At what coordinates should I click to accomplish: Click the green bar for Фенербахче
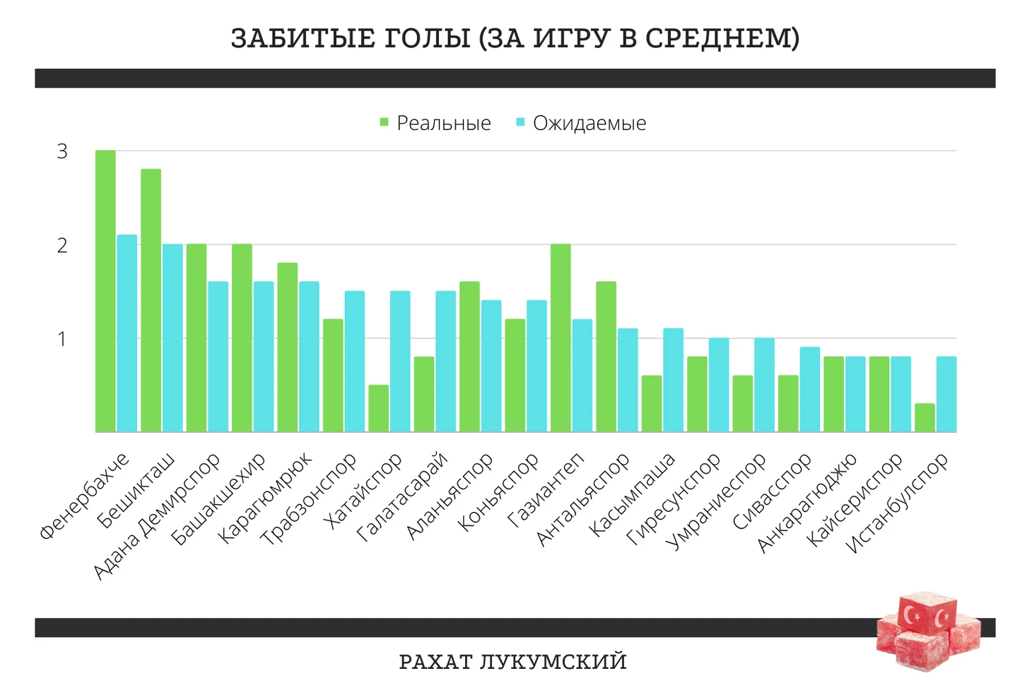pos(105,291)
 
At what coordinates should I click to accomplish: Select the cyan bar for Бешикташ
pos(172,338)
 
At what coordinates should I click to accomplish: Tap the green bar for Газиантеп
pos(561,338)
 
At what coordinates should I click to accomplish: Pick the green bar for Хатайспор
pos(378,408)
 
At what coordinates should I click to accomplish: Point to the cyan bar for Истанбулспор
pos(946,394)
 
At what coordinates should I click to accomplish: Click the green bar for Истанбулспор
pos(925,417)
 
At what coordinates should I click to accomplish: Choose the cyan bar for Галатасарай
pos(445,361)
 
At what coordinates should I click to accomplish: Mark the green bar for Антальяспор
pos(606,356)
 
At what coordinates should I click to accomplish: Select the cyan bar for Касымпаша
pos(673,380)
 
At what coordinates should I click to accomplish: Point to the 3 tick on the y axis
pos(62,151)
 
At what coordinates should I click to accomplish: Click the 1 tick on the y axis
pos(62,339)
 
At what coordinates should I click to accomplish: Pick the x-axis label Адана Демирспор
pos(157,517)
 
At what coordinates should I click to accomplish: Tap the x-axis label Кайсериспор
pos(855,500)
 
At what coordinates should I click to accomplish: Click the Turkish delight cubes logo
pos(928,631)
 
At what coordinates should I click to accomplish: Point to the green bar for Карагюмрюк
pos(287,347)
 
